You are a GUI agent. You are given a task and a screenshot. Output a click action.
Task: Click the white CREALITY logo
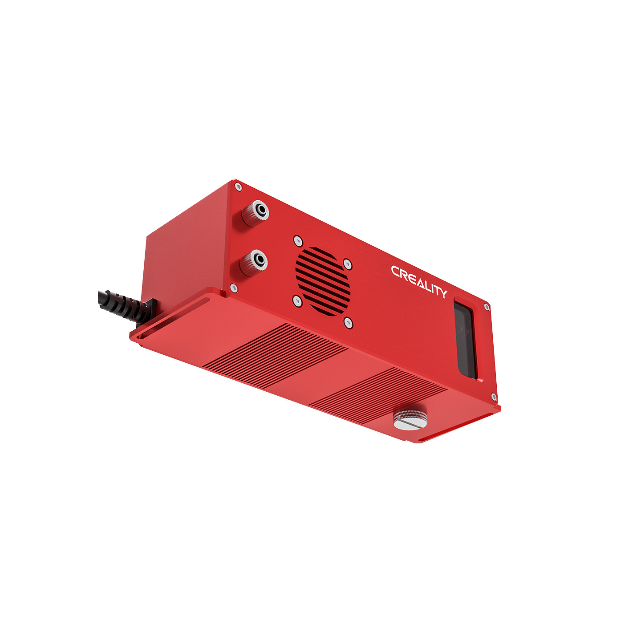(x=419, y=282)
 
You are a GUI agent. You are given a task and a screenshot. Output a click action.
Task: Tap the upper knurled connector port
(x=255, y=213)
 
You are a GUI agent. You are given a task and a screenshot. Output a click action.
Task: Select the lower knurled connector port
(x=253, y=263)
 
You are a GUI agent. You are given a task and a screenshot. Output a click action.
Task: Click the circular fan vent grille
(x=323, y=281)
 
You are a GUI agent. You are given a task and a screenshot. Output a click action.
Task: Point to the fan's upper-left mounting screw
(x=298, y=240)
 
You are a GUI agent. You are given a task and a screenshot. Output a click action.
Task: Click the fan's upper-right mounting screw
(x=348, y=264)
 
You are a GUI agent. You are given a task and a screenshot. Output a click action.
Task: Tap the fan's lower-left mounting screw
(x=297, y=301)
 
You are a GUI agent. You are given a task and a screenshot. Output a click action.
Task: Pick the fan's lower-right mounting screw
(x=348, y=323)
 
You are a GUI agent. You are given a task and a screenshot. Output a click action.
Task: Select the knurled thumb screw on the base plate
(x=410, y=419)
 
